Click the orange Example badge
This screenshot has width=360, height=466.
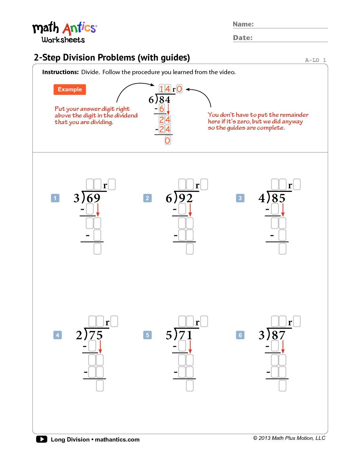(x=69, y=89)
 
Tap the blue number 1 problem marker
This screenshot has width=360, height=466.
(x=55, y=198)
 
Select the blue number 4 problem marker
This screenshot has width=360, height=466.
(x=58, y=335)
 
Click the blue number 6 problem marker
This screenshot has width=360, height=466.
(x=240, y=335)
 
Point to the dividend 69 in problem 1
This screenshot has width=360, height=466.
(x=93, y=198)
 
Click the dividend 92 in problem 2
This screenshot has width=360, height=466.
(x=186, y=198)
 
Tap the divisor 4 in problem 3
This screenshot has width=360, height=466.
(x=262, y=198)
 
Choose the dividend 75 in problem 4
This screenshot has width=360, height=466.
(x=96, y=335)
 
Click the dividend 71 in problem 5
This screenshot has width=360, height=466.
(x=186, y=335)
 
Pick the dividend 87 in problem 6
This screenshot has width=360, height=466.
(x=279, y=335)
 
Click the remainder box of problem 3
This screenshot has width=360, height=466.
(x=297, y=184)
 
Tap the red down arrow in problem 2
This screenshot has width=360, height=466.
(x=190, y=210)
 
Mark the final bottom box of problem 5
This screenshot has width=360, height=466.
(x=190, y=386)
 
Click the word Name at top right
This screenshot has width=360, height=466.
(x=243, y=24)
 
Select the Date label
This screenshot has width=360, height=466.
(x=243, y=38)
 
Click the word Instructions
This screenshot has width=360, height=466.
(x=60, y=72)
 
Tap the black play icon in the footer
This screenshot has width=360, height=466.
(x=42, y=439)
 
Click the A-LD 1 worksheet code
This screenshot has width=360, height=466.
(x=315, y=60)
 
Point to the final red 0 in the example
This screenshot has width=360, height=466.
(x=168, y=141)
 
